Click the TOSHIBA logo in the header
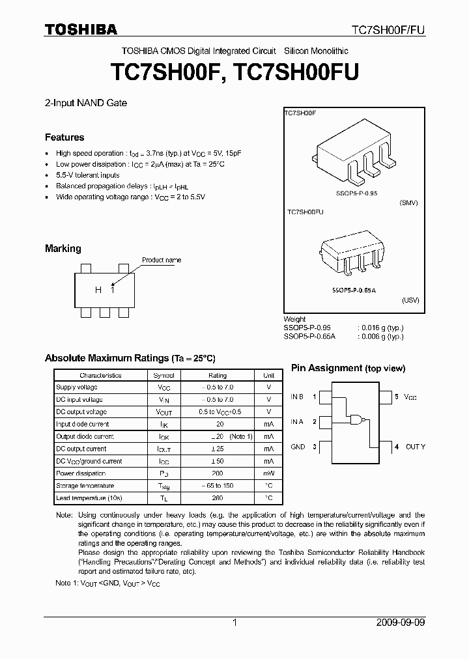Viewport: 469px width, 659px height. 81,29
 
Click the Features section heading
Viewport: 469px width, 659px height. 64,137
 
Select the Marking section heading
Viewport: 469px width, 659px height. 63,248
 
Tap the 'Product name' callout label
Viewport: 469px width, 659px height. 162,260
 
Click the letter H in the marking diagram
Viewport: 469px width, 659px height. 98,290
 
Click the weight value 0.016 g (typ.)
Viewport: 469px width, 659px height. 380,328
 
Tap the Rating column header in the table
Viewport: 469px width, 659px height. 218,375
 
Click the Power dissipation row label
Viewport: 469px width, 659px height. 81,473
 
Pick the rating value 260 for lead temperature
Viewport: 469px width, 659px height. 218,498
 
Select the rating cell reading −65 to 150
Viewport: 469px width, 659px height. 218,486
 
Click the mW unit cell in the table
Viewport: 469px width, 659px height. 268,473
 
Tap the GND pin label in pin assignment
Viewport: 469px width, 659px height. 298,447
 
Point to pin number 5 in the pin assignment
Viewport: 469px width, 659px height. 396,396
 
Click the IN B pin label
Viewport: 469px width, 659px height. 297,396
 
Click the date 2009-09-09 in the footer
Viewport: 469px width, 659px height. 401,623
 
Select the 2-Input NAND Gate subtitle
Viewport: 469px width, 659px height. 86,103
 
